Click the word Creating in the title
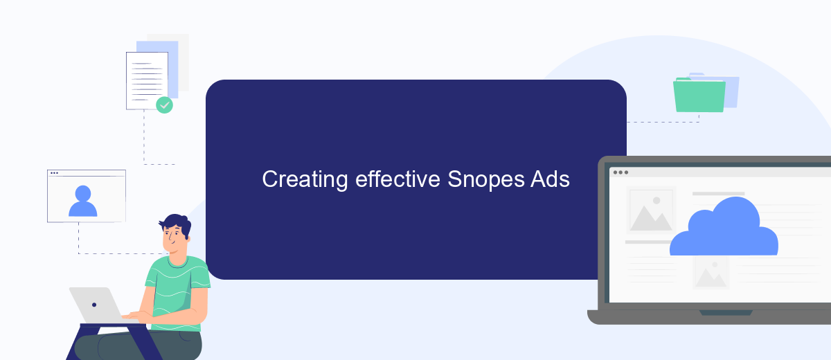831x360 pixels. coord(305,180)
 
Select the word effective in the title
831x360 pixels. coord(397,179)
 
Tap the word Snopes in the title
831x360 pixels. coord(486,180)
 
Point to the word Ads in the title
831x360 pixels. coord(550,179)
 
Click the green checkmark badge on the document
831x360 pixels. coord(164,105)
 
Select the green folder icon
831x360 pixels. coord(699,95)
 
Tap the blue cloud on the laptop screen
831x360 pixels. coord(724,227)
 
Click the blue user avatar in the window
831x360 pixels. coord(82,201)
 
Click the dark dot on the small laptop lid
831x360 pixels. coord(94,305)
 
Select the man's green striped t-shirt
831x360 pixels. coord(177,293)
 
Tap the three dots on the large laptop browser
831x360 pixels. coord(620,172)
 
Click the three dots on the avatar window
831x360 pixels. coord(54,173)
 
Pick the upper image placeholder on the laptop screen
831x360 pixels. coord(651,210)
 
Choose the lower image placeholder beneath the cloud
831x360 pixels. coord(711,273)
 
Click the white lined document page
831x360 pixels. coord(147,81)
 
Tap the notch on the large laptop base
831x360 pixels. coord(726,313)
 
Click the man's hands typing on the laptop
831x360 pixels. coord(136,316)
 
